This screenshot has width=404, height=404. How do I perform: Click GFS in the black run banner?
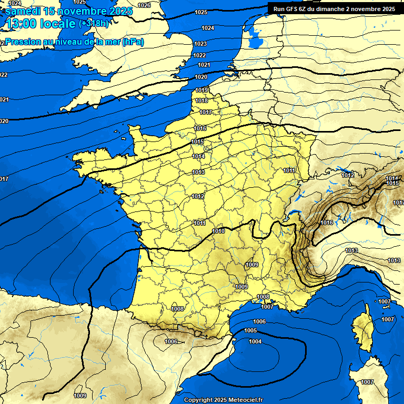[295, 8]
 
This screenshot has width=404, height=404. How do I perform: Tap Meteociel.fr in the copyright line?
[242, 400]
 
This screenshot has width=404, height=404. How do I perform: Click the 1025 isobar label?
[200, 12]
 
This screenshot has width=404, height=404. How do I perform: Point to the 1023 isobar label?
[200, 44]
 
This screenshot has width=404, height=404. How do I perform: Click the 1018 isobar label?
[201, 100]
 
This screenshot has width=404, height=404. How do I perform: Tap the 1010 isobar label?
[219, 231]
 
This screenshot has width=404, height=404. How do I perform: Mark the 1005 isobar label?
[250, 330]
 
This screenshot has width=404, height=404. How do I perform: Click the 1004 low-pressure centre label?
[255, 342]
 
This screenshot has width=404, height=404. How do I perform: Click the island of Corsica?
[362, 329]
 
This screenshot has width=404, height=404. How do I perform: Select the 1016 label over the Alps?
[327, 223]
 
